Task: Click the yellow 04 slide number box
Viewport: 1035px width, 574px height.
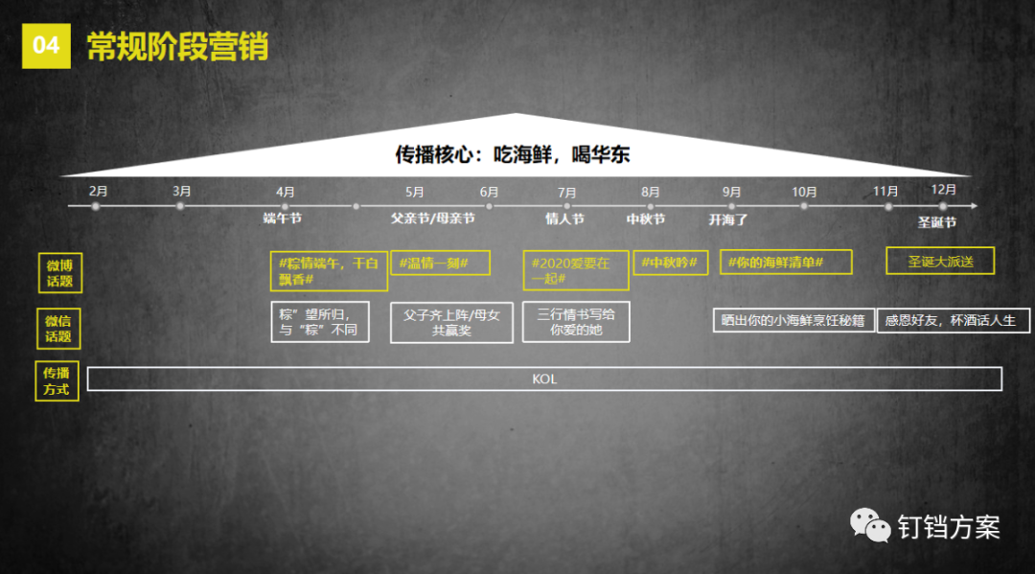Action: (x=46, y=46)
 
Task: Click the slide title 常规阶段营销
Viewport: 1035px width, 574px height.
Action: (x=177, y=46)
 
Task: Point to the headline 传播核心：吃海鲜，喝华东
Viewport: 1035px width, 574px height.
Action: (x=513, y=154)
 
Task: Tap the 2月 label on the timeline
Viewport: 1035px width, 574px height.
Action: (x=98, y=192)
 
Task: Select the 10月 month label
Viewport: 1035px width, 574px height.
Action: (x=804, y=192)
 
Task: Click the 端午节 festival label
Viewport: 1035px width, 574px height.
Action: (x=283, y=218)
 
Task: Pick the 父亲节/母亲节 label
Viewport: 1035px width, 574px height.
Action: (x=432, y=218)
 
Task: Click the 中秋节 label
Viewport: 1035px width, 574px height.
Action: (x=646, y=218)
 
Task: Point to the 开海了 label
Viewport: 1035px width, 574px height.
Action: (x=728, y=218)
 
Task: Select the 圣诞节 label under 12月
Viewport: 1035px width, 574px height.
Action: (x=937, y=222)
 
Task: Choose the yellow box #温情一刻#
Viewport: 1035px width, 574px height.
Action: (x=440, y=263)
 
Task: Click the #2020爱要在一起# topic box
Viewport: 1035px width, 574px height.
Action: (x=575, y=270)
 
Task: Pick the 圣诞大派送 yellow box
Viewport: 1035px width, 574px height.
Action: (x=939, y=261)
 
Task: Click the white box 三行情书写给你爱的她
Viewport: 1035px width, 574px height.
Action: (x=576, y=322)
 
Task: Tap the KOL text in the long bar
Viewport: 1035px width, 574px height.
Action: (x=544, y=379)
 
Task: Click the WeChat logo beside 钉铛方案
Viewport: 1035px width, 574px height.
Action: (x=870, y=525)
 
